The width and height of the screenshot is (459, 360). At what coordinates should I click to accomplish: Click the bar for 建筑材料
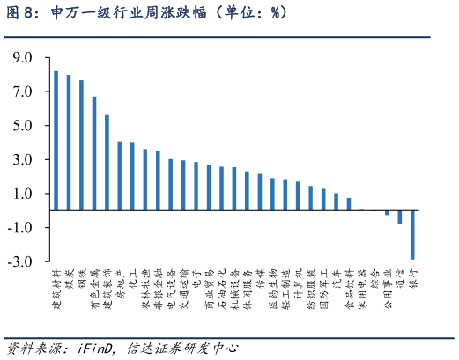coord(56,141)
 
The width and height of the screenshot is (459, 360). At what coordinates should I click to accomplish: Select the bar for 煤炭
coord(69,143)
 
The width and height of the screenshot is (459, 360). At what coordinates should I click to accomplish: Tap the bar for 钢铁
coord(82,145)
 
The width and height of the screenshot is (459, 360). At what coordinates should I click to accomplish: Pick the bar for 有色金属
coord(94,153)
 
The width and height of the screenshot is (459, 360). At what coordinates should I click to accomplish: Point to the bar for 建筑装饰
coord(107,163)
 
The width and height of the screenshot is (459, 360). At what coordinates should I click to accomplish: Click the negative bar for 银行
coord(412,235)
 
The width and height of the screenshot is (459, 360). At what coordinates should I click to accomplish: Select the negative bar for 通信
coord(399,217)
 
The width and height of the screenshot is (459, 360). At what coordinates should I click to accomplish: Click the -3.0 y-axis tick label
coord(20,262)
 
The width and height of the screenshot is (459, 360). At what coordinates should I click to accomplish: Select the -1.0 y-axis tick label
coord(20,228)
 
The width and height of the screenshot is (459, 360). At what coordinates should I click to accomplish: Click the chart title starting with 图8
coord(145,14)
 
